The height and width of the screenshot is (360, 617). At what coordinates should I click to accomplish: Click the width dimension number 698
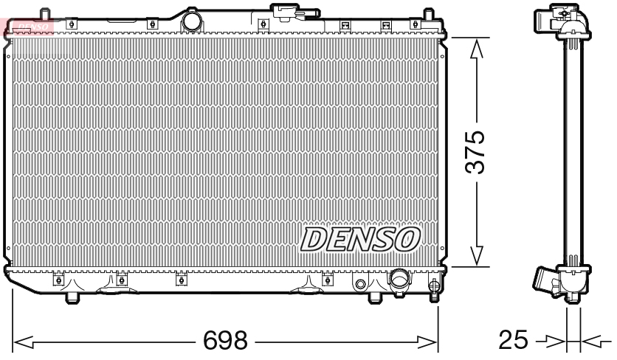[x=225, y=341]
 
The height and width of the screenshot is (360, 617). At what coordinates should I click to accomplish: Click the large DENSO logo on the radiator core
[x=360, y=238]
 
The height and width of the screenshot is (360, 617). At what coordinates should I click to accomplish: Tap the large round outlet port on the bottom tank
[x=399, y=280]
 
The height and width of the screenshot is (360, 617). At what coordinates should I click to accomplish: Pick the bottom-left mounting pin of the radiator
[x=72, y=297]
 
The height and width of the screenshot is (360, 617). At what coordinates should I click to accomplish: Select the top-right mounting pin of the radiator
[x=427, y=14]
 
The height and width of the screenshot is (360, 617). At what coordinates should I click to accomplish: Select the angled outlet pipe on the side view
[x=544, y=283]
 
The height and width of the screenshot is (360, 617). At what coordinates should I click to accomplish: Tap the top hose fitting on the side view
[x=550, y=16]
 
